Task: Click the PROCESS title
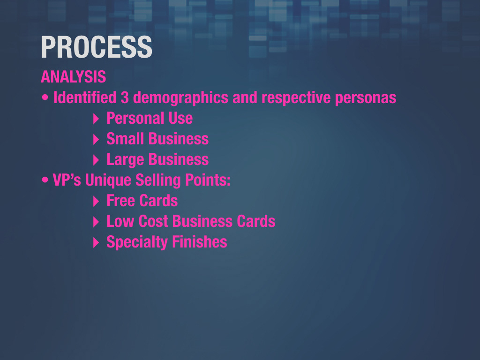click(x=97, y=47)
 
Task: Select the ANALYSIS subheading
click(x=74, y=76)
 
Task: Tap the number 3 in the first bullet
click(x=125, y=97)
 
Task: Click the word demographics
click(x=180, y=98)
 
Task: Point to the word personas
click(x=366, y=98)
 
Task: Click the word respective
click(x=296, y=98)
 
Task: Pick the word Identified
click(x=85, y=97)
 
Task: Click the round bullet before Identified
click(x=45, y=97)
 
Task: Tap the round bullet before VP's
click(x=45, y=180)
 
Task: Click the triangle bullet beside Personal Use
click(x=96, y=119)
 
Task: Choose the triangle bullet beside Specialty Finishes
click(x=96, y=243)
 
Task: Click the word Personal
click(x=135, y=118)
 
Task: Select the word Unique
click(x=108, y=180)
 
